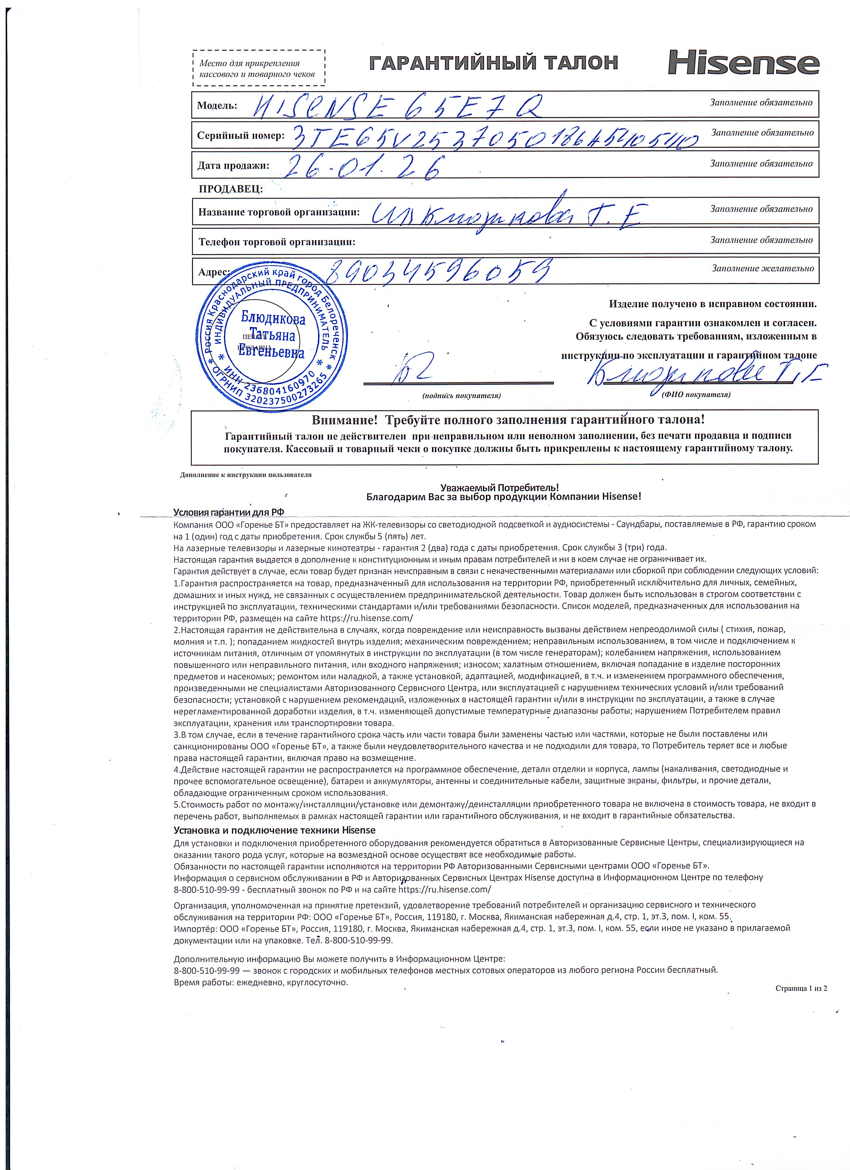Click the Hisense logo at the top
[x=744, y=63]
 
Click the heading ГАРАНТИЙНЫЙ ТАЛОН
[x=494, y=63]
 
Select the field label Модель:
[x=217, y=105]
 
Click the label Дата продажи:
[x=233, y=166]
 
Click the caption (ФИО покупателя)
[x=696, y=395]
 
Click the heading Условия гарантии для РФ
[x=228, y=512]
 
